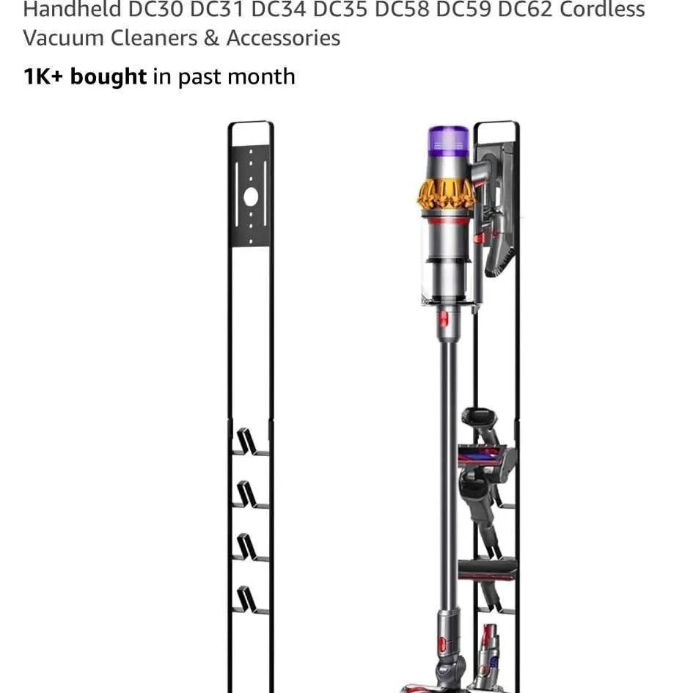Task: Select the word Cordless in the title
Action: (603, 10)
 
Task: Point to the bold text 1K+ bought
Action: (85, 77)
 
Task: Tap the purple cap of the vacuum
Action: (448, 141)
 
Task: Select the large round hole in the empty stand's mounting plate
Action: (250, 197)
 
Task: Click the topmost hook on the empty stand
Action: (247, 442)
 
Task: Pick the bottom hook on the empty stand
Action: (247, 600)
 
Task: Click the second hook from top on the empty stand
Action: (247, 495)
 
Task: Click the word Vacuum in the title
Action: (64, 38)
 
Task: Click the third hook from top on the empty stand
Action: (247, 547)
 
